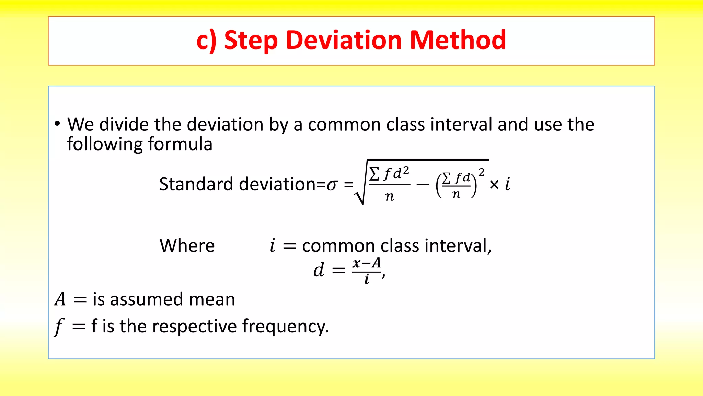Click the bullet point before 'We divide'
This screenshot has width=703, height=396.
pos(57,124)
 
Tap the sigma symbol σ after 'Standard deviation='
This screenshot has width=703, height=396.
pos(332,185)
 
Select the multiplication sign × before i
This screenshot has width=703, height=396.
pos(494,185)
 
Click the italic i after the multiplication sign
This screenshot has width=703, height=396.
pos(508,184)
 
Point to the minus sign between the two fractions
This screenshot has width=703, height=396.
pos(423,185)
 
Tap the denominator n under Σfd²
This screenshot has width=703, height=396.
pos(390,196)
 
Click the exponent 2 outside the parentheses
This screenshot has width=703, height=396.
pos(482,172)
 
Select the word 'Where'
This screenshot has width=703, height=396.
pos(187,245)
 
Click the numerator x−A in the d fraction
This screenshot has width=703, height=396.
pos(367,263)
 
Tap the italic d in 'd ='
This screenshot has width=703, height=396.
pos(319,270)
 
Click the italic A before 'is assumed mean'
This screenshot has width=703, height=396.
pos(60,299)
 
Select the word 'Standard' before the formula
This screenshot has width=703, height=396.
pos(196,184)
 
